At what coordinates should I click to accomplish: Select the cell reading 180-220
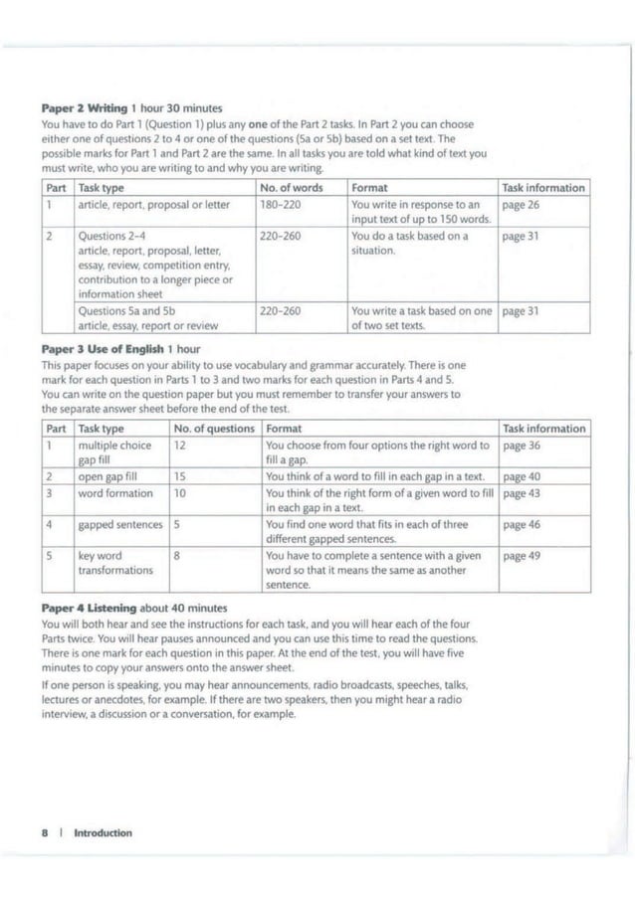(x=276, y=204)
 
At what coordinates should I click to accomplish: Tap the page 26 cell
(x=521, y=204)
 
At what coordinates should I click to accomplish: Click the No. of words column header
(x=291, y=187)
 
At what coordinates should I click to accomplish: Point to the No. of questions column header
(x=212, y=429)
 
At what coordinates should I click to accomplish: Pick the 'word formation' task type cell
(x=114, y=493)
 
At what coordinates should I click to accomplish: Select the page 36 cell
(x=522, y=446)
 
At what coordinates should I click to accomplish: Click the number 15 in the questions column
(x=180, y=476)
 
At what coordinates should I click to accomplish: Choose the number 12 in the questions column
(x=180, y=446)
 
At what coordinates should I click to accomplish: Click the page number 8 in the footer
(x=46, y=832)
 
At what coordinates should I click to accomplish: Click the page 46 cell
(x=522, y=523)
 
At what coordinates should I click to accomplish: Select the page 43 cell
(x=522, y=493)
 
